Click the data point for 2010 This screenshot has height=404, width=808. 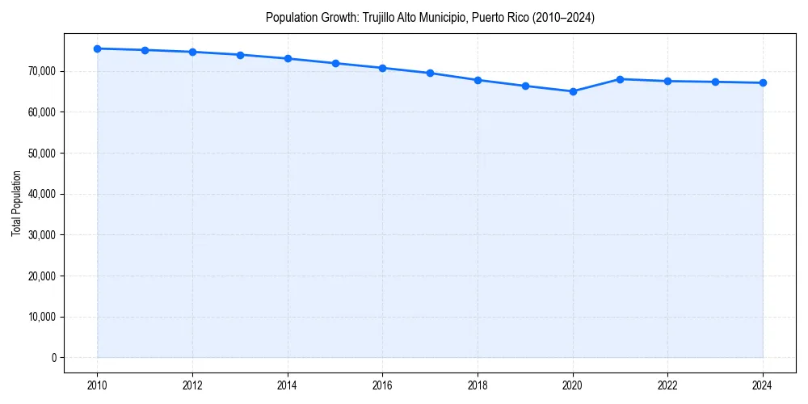97,48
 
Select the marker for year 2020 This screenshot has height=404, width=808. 573,91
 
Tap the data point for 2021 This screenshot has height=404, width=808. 621,79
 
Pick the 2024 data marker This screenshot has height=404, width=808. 763,82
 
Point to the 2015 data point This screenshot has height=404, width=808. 335,63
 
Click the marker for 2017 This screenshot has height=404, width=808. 430,73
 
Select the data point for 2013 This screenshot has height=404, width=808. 240,55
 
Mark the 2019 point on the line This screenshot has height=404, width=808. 525,86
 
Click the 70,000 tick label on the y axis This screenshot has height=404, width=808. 41,71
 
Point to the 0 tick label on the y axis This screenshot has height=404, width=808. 53,357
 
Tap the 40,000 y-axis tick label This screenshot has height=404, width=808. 41,194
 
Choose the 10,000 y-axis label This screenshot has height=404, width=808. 41,317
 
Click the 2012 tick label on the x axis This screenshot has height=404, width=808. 192,385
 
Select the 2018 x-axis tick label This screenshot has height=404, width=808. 478,385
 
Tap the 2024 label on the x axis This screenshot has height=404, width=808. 763,385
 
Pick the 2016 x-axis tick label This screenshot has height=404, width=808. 382,385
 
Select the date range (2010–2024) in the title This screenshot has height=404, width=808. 562,18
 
